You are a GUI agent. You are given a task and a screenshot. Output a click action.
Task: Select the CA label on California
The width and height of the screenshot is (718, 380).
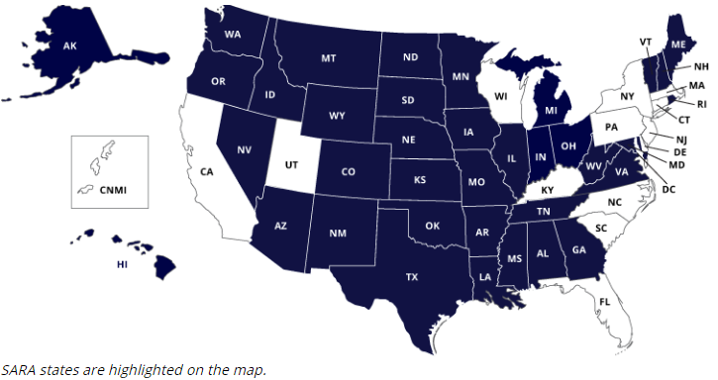207,171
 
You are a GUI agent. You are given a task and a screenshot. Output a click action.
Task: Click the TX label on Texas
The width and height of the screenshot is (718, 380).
411,277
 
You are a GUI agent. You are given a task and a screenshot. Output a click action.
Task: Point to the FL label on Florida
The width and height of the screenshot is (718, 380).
605,300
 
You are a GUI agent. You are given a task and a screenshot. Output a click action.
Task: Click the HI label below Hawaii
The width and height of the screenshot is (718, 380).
123,264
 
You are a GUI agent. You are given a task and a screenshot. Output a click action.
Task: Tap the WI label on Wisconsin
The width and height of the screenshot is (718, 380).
501,96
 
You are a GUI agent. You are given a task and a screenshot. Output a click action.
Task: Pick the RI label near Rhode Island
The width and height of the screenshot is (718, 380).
702,104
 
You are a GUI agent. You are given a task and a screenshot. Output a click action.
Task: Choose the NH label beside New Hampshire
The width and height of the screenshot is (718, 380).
701,66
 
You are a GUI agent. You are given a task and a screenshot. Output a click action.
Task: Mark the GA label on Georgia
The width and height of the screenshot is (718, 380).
577,249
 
